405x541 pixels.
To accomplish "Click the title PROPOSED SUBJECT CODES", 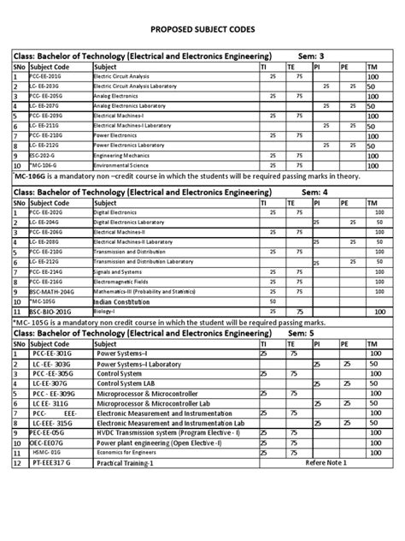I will tap(202, 28).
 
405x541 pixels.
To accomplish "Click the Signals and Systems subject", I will tap(119, 270).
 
